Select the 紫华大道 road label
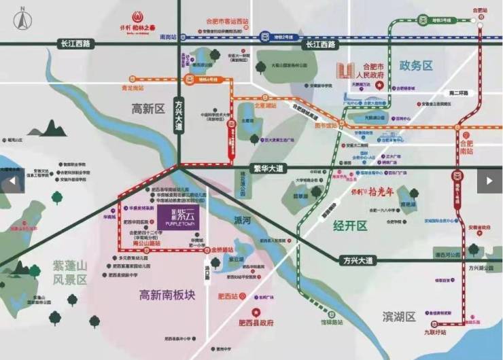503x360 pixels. (x=268, y=167)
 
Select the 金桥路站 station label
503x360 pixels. (x=226, y=251)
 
